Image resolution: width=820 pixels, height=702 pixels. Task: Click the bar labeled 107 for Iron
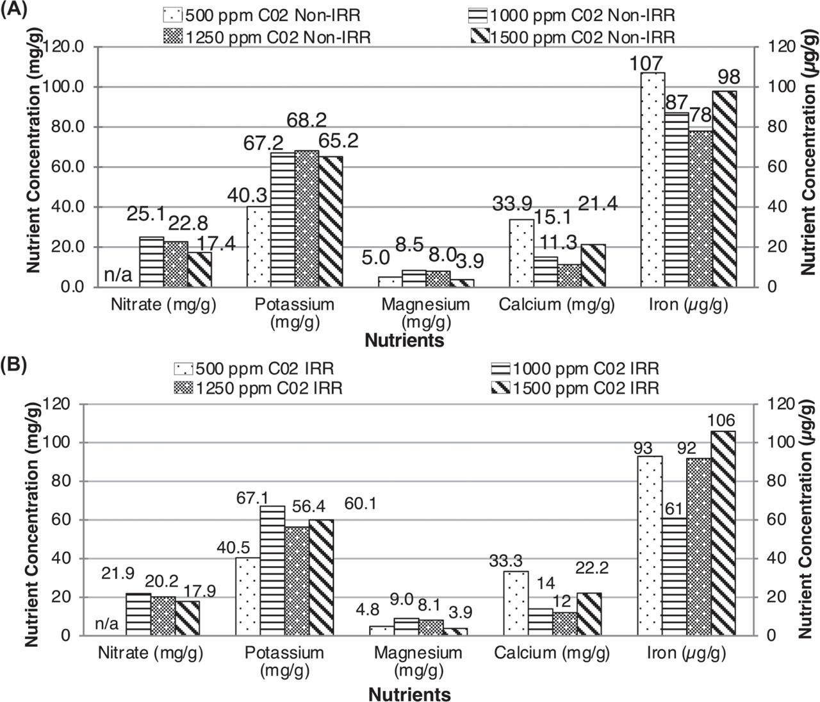pos(652,180)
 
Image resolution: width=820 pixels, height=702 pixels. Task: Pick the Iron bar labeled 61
pos(675,577)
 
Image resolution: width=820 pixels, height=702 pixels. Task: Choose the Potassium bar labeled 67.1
pos(272,571)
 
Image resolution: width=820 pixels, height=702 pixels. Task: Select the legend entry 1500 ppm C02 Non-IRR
pos(572,37)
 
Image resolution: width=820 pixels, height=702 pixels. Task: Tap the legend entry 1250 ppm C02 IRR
pos(258,388)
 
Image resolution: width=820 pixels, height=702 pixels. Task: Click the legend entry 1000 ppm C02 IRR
pos(575,369)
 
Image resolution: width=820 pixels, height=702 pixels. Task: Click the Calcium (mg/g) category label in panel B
pos(552,653)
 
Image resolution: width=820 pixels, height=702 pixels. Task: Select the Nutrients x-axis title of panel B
pos(409,694)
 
